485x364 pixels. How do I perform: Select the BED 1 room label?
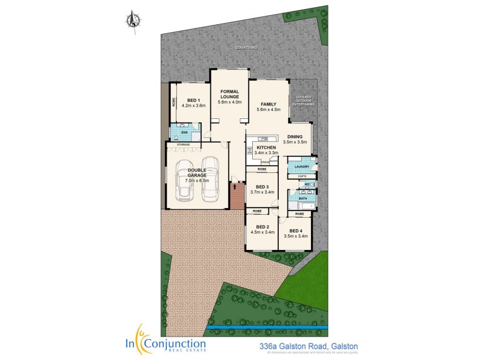click(x=193, y=100)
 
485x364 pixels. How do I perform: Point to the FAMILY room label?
click(x=268, y=104)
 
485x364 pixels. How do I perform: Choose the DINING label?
click(x=295, y=136)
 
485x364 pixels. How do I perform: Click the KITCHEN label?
click(x=266, y=148)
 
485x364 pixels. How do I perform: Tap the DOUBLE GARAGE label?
click(x=197, y=172)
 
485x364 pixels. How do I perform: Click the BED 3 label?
click(x=262, y=187)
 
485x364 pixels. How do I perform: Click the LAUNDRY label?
click(x=301, y=166)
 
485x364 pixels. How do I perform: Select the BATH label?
click(x=303, y=198)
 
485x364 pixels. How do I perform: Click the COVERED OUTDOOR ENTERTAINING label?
click(x=304, y=101)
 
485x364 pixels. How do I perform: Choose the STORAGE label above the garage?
click(x=182, y=144)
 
